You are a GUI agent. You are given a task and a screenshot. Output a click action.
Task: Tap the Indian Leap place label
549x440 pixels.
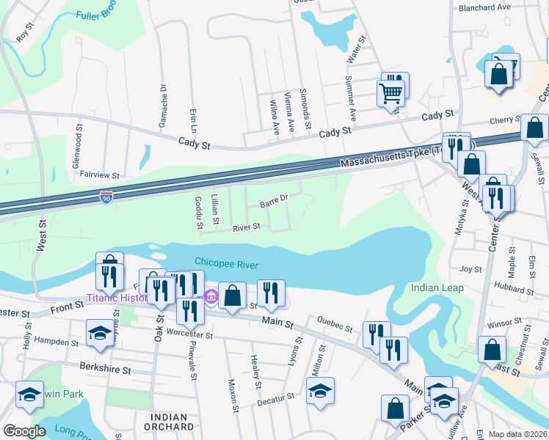437,287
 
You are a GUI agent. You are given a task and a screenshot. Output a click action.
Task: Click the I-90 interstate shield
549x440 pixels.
107,197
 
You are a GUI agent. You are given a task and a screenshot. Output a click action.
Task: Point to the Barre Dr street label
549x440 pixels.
274,198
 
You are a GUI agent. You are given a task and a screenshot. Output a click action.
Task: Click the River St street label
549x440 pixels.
247,227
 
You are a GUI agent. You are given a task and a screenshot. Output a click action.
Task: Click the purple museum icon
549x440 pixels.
211,297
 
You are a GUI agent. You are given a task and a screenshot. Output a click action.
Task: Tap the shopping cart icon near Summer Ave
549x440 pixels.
390,93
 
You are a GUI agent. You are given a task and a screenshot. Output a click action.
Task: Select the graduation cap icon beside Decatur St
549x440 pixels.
321,391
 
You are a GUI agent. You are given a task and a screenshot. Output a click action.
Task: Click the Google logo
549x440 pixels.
24,431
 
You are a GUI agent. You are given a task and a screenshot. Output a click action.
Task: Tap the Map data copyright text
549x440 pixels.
517,434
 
